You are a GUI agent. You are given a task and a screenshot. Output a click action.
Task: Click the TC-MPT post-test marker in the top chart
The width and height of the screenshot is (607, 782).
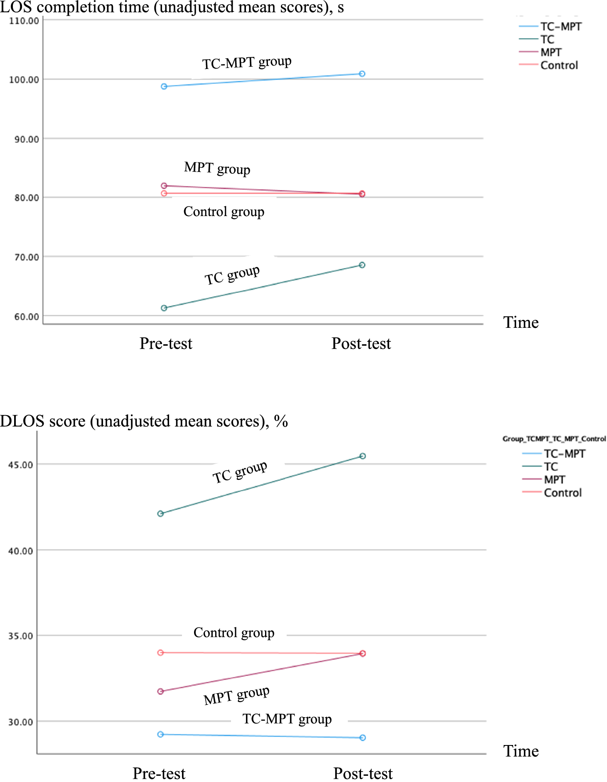point(362,74)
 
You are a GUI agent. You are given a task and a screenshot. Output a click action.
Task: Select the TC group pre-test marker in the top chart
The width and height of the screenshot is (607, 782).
point(164,308)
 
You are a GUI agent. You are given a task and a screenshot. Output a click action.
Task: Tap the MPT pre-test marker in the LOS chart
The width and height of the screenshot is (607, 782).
point(164,186)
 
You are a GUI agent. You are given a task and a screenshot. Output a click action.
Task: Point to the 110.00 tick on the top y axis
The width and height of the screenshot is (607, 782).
point(24,21)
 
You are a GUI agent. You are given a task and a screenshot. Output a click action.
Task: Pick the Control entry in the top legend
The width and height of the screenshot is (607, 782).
point(559,65)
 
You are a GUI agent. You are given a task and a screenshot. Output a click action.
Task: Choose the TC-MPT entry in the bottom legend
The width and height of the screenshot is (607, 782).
point(564,454)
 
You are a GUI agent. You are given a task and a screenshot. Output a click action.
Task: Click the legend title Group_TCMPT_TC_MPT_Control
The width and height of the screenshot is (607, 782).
point(554,439)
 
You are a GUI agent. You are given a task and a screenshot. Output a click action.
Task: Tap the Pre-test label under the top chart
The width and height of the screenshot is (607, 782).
point(166,344)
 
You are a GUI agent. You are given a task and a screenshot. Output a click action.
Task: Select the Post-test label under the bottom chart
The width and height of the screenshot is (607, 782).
point(363,774)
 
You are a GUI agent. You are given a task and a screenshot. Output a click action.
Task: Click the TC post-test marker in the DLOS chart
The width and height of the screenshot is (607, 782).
point(363,456)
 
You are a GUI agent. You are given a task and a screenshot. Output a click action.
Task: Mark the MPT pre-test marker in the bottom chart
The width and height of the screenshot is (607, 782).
point(160,691)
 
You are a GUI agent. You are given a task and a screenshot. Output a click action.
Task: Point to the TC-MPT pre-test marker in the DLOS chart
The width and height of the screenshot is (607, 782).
point(160,735)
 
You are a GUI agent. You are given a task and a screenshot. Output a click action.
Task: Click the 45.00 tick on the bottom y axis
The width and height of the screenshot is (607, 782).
point(21,465)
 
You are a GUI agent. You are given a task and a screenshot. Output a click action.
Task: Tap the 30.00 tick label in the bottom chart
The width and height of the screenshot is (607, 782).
point(21,722)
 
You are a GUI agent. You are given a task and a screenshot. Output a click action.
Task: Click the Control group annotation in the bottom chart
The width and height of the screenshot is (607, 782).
point(234,633)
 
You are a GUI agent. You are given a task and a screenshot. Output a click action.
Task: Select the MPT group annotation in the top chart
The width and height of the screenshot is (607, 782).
point(217,168)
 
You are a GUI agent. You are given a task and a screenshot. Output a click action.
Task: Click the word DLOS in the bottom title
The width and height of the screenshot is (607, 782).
point(22,421)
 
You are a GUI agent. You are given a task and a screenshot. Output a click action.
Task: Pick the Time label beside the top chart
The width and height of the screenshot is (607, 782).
point(521,323)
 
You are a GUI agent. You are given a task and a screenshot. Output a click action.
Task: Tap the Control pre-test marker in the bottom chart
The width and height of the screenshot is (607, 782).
point(160,653)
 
